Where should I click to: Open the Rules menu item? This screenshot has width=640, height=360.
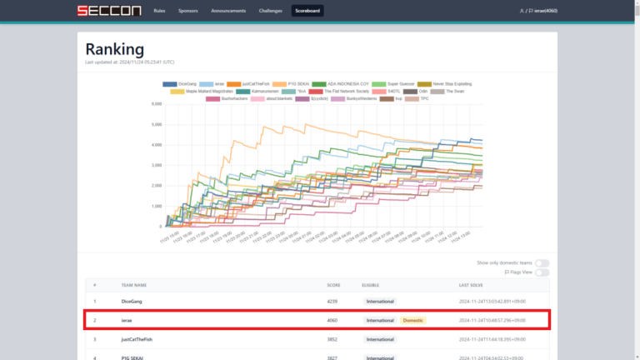[x=159, y=11]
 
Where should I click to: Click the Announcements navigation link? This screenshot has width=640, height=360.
[x=228, y=11]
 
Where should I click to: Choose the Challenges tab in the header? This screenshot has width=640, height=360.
[x=271, y=11]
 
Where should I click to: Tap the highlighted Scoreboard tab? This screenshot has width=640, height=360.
[x=308, y=11]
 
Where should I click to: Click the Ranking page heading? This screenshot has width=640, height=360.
[x=114, y=49]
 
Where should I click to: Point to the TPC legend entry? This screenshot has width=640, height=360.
[x=424, y=98]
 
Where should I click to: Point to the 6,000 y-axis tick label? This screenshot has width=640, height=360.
[x=155, y=104]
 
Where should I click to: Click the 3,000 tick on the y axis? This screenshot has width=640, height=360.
[x=155, y=165]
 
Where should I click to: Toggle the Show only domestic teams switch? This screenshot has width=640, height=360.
[x=542, y=263]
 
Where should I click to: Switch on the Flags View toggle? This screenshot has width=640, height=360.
[x=542, y=272]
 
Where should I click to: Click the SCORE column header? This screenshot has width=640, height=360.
[x=333, y=285]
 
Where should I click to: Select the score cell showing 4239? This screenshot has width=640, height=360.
[x=333, y=301]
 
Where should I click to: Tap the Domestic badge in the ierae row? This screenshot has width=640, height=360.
[x=412, y=320]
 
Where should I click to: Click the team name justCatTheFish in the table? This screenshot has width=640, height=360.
[x=138, y=339]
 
